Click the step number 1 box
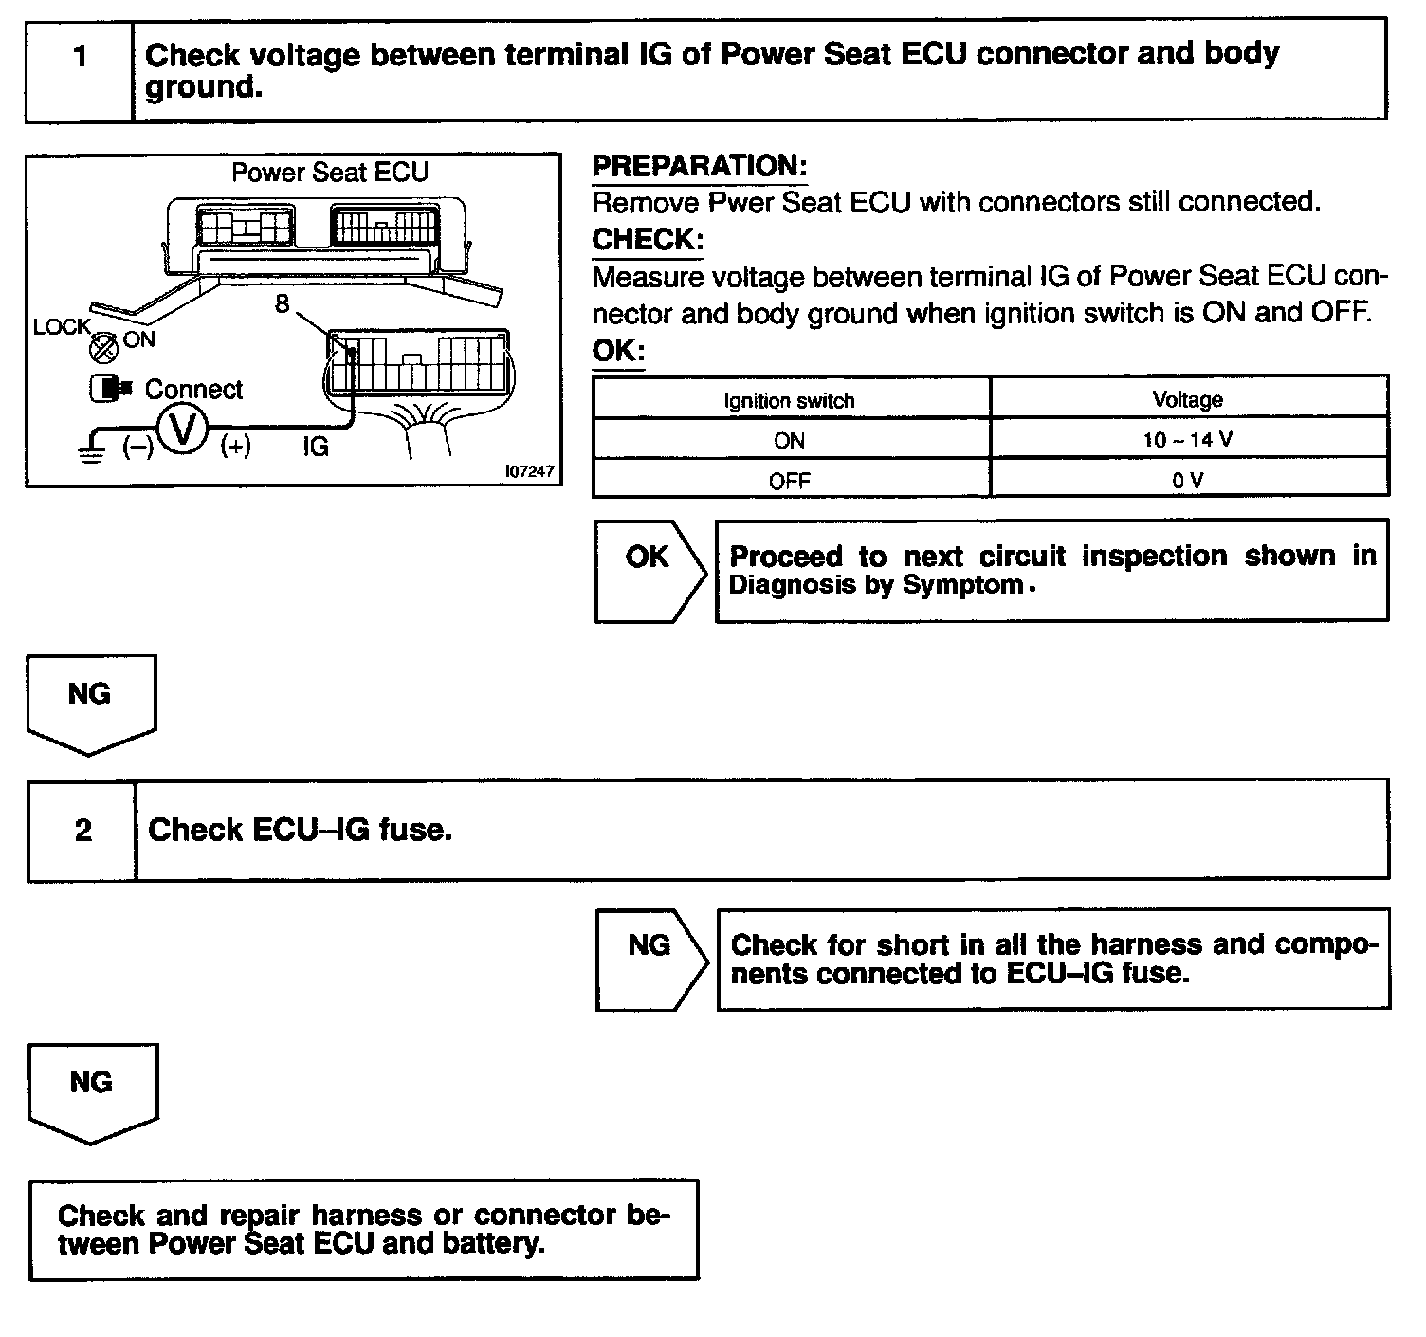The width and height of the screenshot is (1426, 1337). tap(80, 70)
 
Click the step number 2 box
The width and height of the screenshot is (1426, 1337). tap(82, 831)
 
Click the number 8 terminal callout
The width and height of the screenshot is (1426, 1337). tap(282, 305)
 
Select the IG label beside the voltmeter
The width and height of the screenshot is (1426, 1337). tap(315, 446)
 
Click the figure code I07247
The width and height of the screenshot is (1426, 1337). tap(530, 470)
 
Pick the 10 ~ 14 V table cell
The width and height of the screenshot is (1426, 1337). tap(1187, 439)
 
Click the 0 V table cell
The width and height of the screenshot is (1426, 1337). tap(1187, 481)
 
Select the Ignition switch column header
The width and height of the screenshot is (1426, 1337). tap(789, 400)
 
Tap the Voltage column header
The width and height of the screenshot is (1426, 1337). tap(1187, 399)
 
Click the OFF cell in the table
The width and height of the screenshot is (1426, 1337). tap(789, 481)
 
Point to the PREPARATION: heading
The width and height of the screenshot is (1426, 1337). tap(699, 166)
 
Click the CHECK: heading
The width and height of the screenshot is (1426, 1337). tap(648, 240)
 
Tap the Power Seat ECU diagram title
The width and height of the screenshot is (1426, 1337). tap(330, 173)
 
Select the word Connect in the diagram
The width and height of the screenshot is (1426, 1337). tap(193, 390)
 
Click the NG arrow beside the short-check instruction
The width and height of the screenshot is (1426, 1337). tap(650, 959)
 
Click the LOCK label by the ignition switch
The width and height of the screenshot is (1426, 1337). tap(61, 327)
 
